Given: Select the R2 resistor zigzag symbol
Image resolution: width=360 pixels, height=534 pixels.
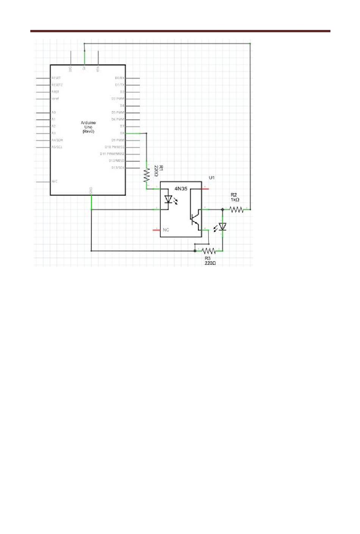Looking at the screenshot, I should pos(236,209).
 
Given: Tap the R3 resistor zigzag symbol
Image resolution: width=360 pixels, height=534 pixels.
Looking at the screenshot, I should pos(209,251).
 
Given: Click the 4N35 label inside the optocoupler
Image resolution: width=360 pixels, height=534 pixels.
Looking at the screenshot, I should pos(181,188).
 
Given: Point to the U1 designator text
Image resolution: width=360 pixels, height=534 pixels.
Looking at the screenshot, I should pos(212,177).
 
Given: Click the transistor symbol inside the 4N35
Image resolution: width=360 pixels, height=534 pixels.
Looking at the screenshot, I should pos(195,219).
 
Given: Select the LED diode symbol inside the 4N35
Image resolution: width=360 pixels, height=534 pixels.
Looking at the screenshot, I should pos(168,199).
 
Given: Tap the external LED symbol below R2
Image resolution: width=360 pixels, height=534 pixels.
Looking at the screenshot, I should pos(222,227).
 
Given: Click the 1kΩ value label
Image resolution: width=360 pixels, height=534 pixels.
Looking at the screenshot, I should pos(235,199).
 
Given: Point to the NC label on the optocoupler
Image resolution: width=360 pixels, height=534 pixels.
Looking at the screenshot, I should pos(166,230).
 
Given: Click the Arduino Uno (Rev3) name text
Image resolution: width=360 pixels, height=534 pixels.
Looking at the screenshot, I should pos(88,127).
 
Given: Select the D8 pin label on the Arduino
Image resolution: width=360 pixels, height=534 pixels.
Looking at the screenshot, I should pos(122,133).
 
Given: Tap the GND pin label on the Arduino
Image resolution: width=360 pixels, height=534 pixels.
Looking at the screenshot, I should pos(91,190).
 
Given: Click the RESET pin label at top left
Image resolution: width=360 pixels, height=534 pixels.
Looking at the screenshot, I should pos(56,78).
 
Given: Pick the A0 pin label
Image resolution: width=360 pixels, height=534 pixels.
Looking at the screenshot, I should pos(54,112).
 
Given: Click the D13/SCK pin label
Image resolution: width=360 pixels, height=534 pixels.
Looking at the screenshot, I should pos(117,168).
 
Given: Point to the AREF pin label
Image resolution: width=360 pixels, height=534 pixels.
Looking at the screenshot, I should pos(55,92).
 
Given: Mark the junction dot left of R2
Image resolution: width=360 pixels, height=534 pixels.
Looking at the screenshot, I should pos(222,209).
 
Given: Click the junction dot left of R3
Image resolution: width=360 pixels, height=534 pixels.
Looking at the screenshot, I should pos(195,251).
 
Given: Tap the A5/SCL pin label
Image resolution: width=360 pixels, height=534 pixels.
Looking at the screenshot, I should pos(57,147).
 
